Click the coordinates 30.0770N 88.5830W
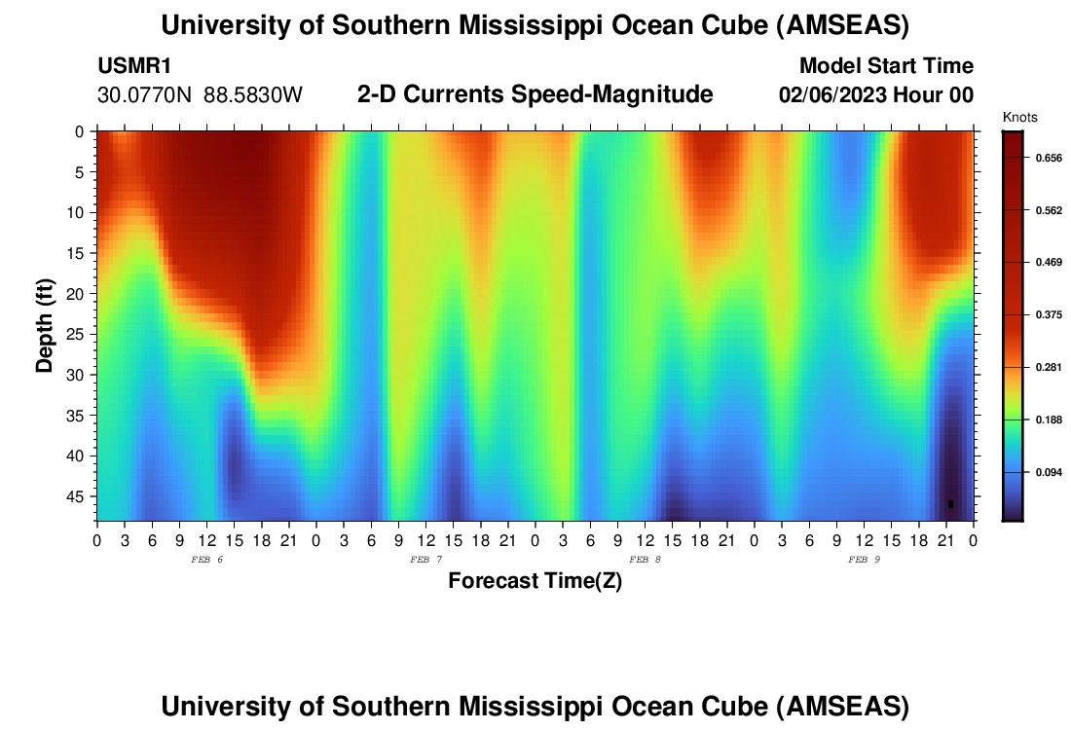click(201, 95)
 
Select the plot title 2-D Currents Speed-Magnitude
click(535, 94)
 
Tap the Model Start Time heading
click(885, 66)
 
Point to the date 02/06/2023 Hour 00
click(876, 95)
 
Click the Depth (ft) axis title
click(44, 321)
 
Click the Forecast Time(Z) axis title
click(535, 581)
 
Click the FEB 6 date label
click(207, 560)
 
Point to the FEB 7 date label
click(425, 560)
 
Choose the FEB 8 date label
click(645, 560)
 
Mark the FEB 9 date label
click(864, 560)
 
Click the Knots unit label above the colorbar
click(1019, 118)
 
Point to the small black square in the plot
click(950, 503)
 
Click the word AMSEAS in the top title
click(844, 26)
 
